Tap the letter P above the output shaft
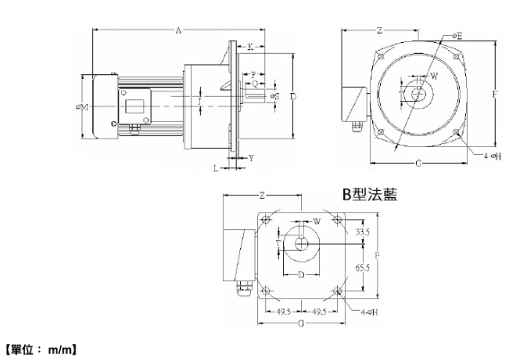click(254, 74)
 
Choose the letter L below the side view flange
click(215, 167)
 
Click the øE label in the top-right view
click(458, 36)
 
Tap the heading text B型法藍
click(369, 193)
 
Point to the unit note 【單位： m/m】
click(42, 346)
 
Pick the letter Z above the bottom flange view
click(261, 195)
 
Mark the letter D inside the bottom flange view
click(301, 273)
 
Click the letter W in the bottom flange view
click(316, 220)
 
